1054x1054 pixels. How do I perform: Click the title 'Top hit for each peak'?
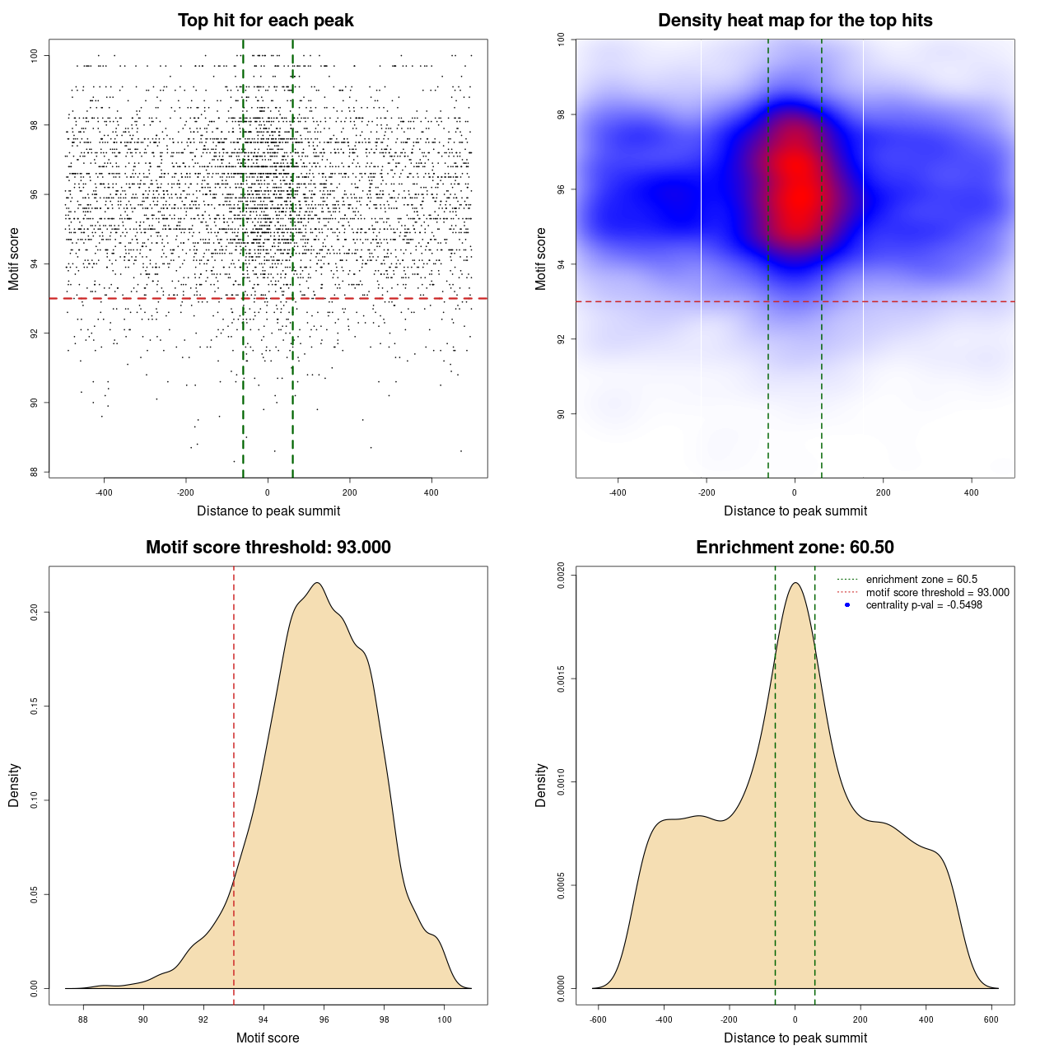pos(265,21)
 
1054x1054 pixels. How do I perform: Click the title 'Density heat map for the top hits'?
pos(795,21)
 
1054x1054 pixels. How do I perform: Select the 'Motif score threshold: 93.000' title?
pos(268,548)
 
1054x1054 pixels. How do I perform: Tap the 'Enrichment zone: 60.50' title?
pos(795,548)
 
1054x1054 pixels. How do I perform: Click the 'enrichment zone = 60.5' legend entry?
pos(921,580)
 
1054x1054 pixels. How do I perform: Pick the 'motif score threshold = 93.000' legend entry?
pos(937,592)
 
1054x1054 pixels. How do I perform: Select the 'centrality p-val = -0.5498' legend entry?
pos(924,605)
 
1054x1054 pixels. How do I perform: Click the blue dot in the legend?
pos(847,605)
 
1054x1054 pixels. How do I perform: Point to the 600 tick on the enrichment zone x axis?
pos(991,1019)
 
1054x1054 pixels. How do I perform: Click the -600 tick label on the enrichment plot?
pos(598,1019)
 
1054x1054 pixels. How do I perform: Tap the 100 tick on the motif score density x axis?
pos(445,1019)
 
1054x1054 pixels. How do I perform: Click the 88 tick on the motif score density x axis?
pos(83,1019)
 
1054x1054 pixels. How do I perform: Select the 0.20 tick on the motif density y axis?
pos(35,612)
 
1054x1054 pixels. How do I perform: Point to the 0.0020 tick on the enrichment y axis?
pos(561,576)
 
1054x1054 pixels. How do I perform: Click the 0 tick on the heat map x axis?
pos(795,492)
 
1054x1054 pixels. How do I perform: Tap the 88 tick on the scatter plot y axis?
pos(35,472)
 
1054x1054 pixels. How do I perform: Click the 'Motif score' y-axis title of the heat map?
pos(540,259)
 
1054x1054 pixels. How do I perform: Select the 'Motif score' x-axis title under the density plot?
pos(268,1038)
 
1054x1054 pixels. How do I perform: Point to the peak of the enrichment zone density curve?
pos(795,583)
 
